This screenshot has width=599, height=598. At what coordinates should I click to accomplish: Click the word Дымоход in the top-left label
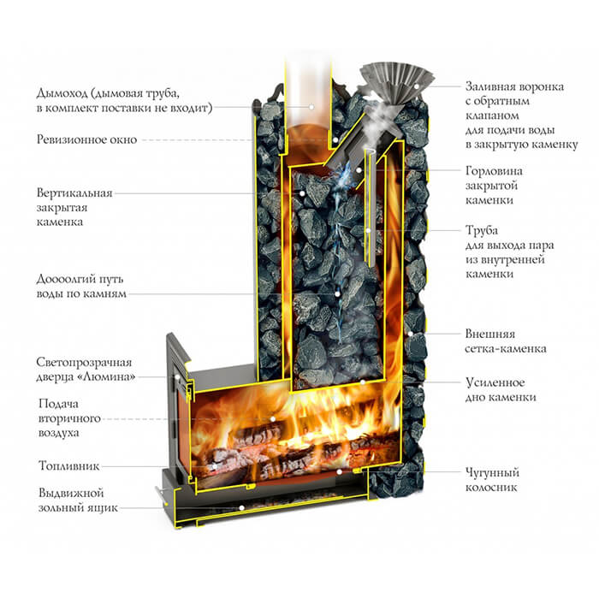pos(62,93)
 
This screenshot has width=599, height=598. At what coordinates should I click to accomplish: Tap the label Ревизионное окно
pos(86,139)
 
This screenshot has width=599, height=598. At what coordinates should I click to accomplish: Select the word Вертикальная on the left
pos(74,193)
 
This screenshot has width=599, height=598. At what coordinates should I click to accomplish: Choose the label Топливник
pos(68,466)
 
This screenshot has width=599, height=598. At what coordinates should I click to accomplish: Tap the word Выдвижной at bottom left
pos(71,494)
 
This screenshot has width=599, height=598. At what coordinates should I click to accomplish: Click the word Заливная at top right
pos(489,87)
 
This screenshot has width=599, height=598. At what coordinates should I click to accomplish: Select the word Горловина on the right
pos(494,172)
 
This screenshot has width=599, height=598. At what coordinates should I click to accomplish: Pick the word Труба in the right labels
pos(482,231)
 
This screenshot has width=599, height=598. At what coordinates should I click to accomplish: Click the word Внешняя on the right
pos(490,335)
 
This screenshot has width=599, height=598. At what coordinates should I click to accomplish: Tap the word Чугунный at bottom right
pos(492,473)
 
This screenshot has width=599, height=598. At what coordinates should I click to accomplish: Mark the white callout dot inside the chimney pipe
pos(311,107)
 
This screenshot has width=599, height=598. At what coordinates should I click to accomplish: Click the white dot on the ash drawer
pos(241,508)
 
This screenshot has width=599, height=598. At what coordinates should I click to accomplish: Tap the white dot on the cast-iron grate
pos(339,472)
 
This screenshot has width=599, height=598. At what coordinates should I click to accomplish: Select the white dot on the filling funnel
pos(417,86)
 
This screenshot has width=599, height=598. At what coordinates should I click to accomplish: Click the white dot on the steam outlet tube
pos(368,231)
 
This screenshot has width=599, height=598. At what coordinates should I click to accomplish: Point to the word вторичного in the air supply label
pos(69,418)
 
